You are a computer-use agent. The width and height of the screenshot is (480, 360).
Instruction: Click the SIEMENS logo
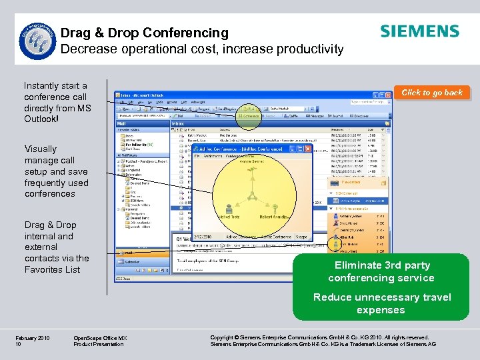419,31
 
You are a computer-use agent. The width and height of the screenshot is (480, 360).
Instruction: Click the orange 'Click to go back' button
431,93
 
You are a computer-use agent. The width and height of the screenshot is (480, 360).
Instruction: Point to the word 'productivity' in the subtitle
311,49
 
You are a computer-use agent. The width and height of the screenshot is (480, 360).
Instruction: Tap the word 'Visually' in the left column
41,149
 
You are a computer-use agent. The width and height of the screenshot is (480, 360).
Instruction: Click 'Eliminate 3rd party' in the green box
381,265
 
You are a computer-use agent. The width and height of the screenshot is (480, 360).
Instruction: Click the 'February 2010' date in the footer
32,339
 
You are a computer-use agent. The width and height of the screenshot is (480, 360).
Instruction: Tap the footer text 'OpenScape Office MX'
100,339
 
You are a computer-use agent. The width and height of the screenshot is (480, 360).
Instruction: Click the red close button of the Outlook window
389,95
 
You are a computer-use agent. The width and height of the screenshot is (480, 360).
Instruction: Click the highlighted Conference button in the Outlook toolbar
249,116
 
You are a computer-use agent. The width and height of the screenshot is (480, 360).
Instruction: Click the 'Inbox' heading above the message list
179,123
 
